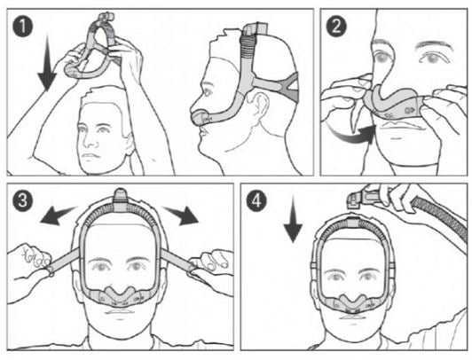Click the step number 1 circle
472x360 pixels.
[x=23, y=27]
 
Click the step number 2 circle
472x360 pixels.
[x=336, y=27]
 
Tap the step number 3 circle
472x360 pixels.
[x=23, y=200]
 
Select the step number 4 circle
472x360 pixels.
[x=256, y=200]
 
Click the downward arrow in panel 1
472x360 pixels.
[x=47, y=62]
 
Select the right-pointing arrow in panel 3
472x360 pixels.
[x=182, y=215]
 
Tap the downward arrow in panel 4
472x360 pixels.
[x=293, y=219]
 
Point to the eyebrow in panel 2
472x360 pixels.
[x=434, y=46]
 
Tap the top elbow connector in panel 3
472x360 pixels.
[x=121, y=200]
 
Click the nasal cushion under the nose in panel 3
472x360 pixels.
[x=121, y=296]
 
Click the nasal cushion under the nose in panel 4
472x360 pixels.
[x=354, y=303]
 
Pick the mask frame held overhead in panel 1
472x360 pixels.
[x=90, y=48]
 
